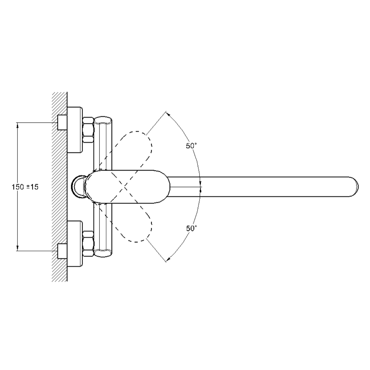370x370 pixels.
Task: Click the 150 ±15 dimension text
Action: coord(25,187)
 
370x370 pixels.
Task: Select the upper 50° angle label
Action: coord(192,146)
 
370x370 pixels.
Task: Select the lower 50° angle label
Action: coord(192,229)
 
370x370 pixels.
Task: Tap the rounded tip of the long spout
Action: coord(355,187)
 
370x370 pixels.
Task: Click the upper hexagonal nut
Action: coord(88,130)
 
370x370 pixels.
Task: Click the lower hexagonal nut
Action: coord(88,243)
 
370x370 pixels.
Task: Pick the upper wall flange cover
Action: coord(75,130)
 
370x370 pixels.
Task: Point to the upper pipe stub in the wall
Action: coord(62,122)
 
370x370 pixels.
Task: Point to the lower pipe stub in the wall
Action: coord(62,251)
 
